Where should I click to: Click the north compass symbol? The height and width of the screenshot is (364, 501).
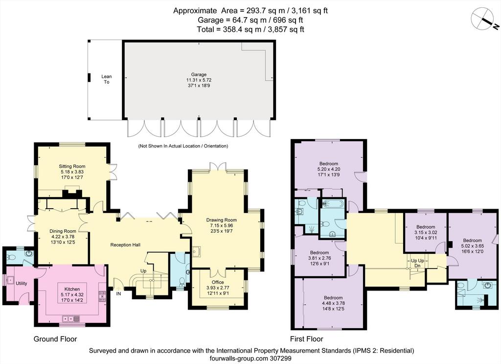tap(484, 20)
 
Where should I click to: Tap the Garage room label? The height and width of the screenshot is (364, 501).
tap(199, 74)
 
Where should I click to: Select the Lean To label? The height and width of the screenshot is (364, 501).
tap(106, 79)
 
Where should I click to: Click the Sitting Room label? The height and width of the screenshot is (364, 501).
tap(72, 167)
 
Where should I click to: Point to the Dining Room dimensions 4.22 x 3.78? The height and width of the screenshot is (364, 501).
tap(63, 237)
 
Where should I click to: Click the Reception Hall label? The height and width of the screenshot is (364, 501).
tap(125, 244)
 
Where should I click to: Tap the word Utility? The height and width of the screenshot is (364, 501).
tap(22, 283)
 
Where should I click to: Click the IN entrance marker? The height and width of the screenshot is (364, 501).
tap(118, 293)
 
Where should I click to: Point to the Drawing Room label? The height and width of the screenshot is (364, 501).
tap(222, 220)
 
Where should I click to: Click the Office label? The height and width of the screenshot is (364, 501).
tap(218, 282)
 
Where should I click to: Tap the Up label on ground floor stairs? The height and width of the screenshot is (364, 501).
tap(143, 271)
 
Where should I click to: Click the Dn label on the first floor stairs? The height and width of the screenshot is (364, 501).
tap(417, 266)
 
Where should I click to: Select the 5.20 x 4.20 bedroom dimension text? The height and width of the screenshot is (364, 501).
tap(329, 169)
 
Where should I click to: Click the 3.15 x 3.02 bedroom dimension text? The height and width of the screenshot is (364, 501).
tap(426, 233)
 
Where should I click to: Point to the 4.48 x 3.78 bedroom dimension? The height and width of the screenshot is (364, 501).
tap(333, 303)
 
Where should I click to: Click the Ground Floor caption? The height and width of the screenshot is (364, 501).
tap(55, 339)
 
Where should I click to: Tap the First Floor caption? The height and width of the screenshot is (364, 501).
tap(307, 339)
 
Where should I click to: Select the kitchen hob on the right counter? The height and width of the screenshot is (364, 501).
tap(103, 296)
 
